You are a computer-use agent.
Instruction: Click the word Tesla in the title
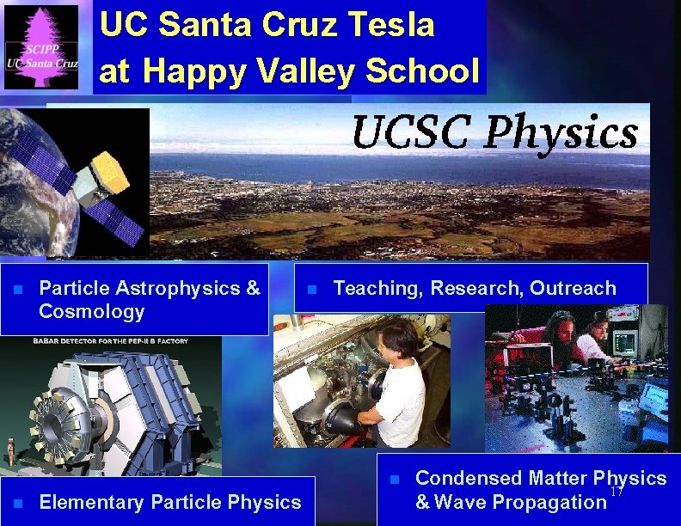pyautogui.click(x=392, y=25)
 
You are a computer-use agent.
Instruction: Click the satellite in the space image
pyautogui.click(x=95, y=180)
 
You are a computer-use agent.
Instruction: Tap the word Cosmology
pyautogui.click(x=92, y=311)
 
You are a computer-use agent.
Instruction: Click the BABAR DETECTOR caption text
pyautogui.click(x=104, y=341)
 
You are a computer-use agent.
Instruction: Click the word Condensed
pyautogui.click(x=469, y=478)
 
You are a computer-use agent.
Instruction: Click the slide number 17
pyautogui.click(x=616, y=492)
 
